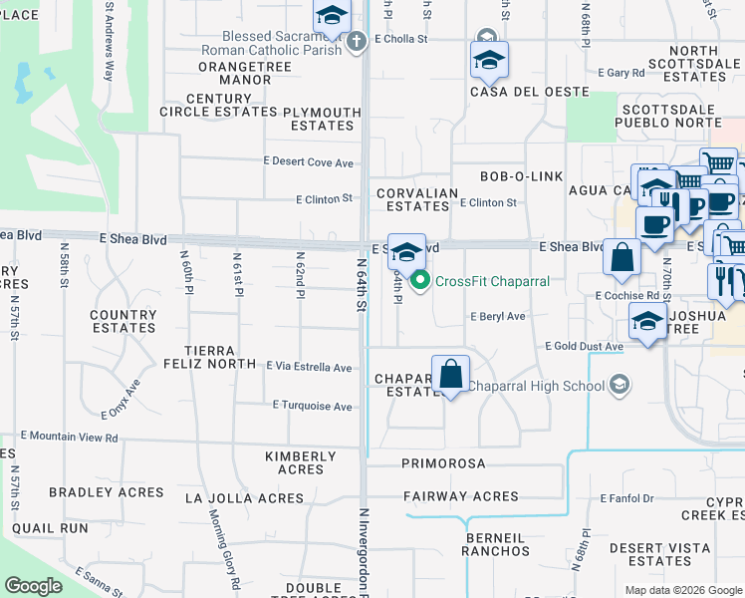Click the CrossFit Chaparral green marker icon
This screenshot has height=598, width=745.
tap(420, 281)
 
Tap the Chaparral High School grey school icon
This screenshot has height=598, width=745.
tap(620, 386)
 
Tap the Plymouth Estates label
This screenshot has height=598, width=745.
tap(322, 119)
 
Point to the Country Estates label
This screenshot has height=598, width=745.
tap(124, 321)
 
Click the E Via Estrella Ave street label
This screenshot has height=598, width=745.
tap(309, 368)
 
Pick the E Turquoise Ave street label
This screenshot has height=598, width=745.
tap(312, 407)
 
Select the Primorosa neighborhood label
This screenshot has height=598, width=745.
tap(443, 463)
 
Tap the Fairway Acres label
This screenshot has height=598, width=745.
tap(460, 496)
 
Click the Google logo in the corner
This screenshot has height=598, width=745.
tap(33, 586)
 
